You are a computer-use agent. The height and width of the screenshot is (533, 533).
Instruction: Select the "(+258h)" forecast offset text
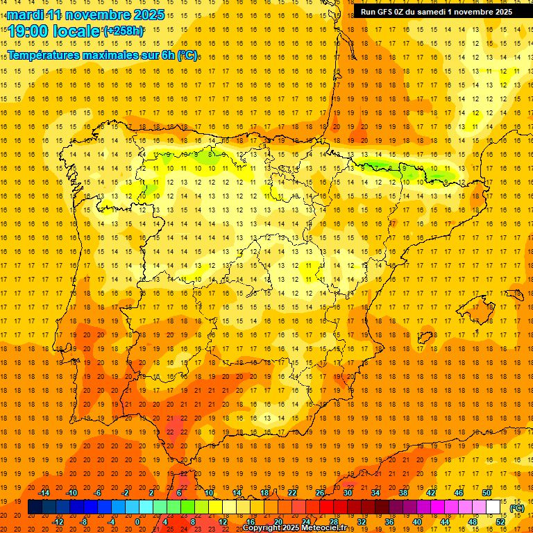coord(124,31)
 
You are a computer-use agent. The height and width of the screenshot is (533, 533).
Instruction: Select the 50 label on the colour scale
coord(487,493)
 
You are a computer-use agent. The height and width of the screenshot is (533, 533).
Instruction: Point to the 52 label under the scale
coord(500,521)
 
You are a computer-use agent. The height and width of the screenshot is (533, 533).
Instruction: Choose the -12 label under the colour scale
coord(58,521)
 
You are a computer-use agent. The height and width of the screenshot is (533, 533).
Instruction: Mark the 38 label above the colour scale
coord(403,493)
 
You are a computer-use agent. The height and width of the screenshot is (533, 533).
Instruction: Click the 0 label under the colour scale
coord(137,521)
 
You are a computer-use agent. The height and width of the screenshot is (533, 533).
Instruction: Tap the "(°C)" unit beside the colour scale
coord(517,508)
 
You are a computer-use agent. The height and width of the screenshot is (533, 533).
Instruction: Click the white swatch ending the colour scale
coord(493,507)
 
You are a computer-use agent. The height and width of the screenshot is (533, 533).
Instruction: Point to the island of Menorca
coord(514,294)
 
